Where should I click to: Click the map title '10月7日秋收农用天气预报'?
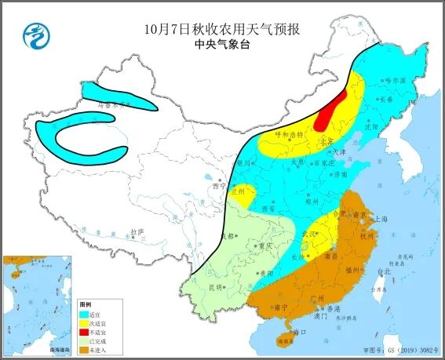coord(222,31)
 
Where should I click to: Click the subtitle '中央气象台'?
coord(222,46)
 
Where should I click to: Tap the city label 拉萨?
coord(138,232)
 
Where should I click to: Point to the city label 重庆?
coord(253,245)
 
